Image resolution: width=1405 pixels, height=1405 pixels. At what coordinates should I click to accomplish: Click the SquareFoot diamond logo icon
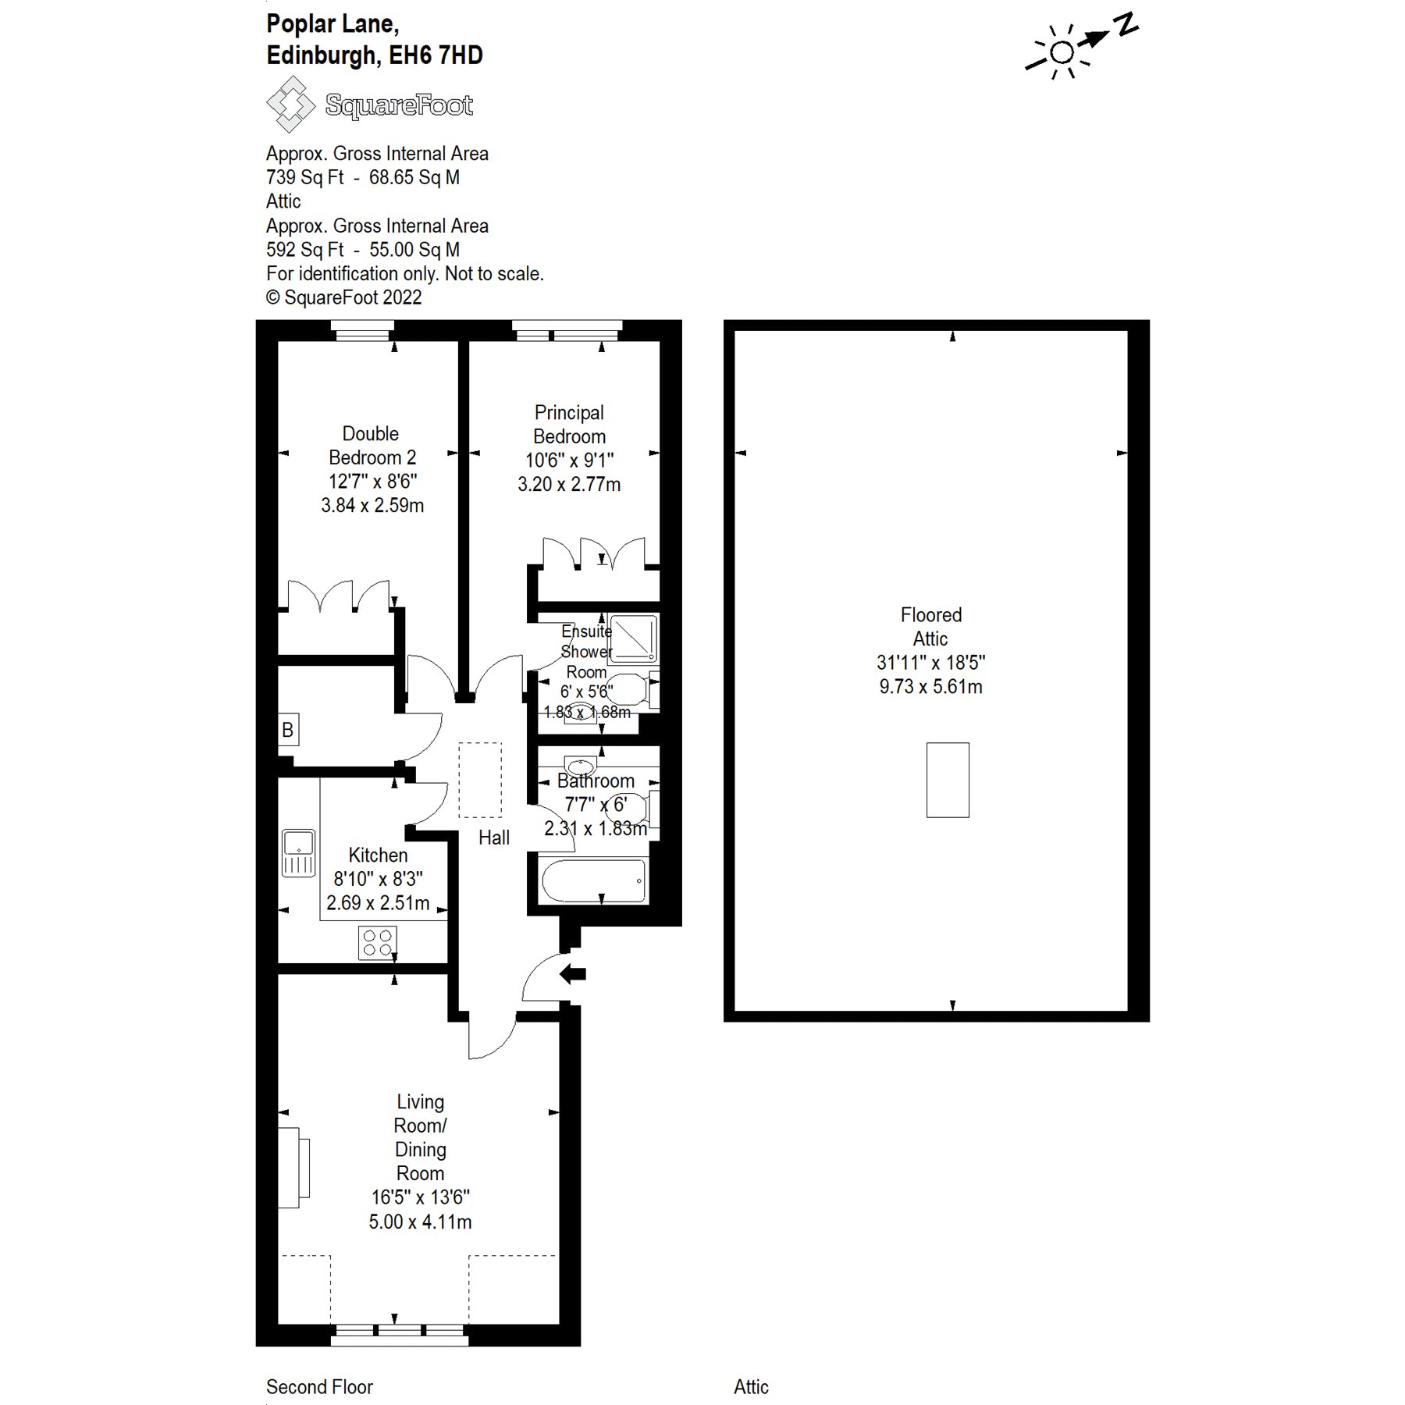pyautogui.click(x=290, y=104)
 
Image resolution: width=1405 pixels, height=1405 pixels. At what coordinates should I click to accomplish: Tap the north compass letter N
pyautogui.click(x=1126, y=24)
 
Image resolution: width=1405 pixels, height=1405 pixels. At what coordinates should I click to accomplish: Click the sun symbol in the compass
pyautogui.click(x=1061, y=53)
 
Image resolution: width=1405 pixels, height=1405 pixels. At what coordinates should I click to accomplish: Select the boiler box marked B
pyautogui.click(x=288, y=730)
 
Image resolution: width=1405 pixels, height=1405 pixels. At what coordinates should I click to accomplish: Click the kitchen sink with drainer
pyautogui.click(x=298, y=852)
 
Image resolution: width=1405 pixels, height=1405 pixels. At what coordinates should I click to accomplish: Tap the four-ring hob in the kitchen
pyautogui.click(x=377, y=941)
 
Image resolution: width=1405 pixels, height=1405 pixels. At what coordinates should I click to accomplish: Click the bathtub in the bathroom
pyautogui.click(x=593, y=880)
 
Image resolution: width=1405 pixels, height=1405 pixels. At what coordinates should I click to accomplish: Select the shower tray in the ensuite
pyautogui.click(x=633, y=638)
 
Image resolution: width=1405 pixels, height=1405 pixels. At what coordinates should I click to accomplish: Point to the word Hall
pyautogui.click(x=493, y=838)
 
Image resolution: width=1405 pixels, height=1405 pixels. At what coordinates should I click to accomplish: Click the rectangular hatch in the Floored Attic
pyautogui.click(x=948, y=780)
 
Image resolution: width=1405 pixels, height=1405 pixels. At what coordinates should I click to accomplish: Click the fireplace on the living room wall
pyautogui.click(x=294, y=1168)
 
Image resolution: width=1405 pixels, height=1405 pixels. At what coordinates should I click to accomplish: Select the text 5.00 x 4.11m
pyautogui.click(x=420, y=1222)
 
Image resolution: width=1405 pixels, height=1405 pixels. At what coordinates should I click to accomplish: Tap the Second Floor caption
pyautogui.click(x=319, y=1387)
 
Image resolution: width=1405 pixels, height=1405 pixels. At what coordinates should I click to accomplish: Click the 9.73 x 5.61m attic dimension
pyautogui.click(x=930, y=687)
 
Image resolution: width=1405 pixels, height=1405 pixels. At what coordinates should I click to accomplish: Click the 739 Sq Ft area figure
pyautogui.click(x=304, y=178)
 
